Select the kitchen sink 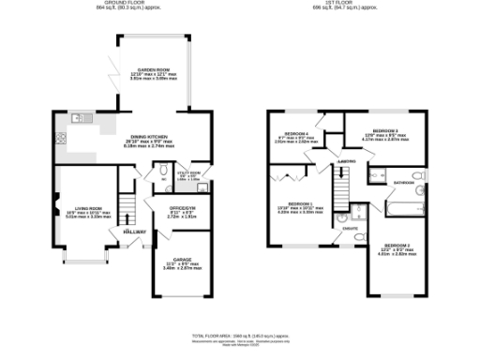(80, 119)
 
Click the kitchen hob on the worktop (61, 139)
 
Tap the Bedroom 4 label (292, 134)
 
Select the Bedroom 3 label (385, 130)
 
